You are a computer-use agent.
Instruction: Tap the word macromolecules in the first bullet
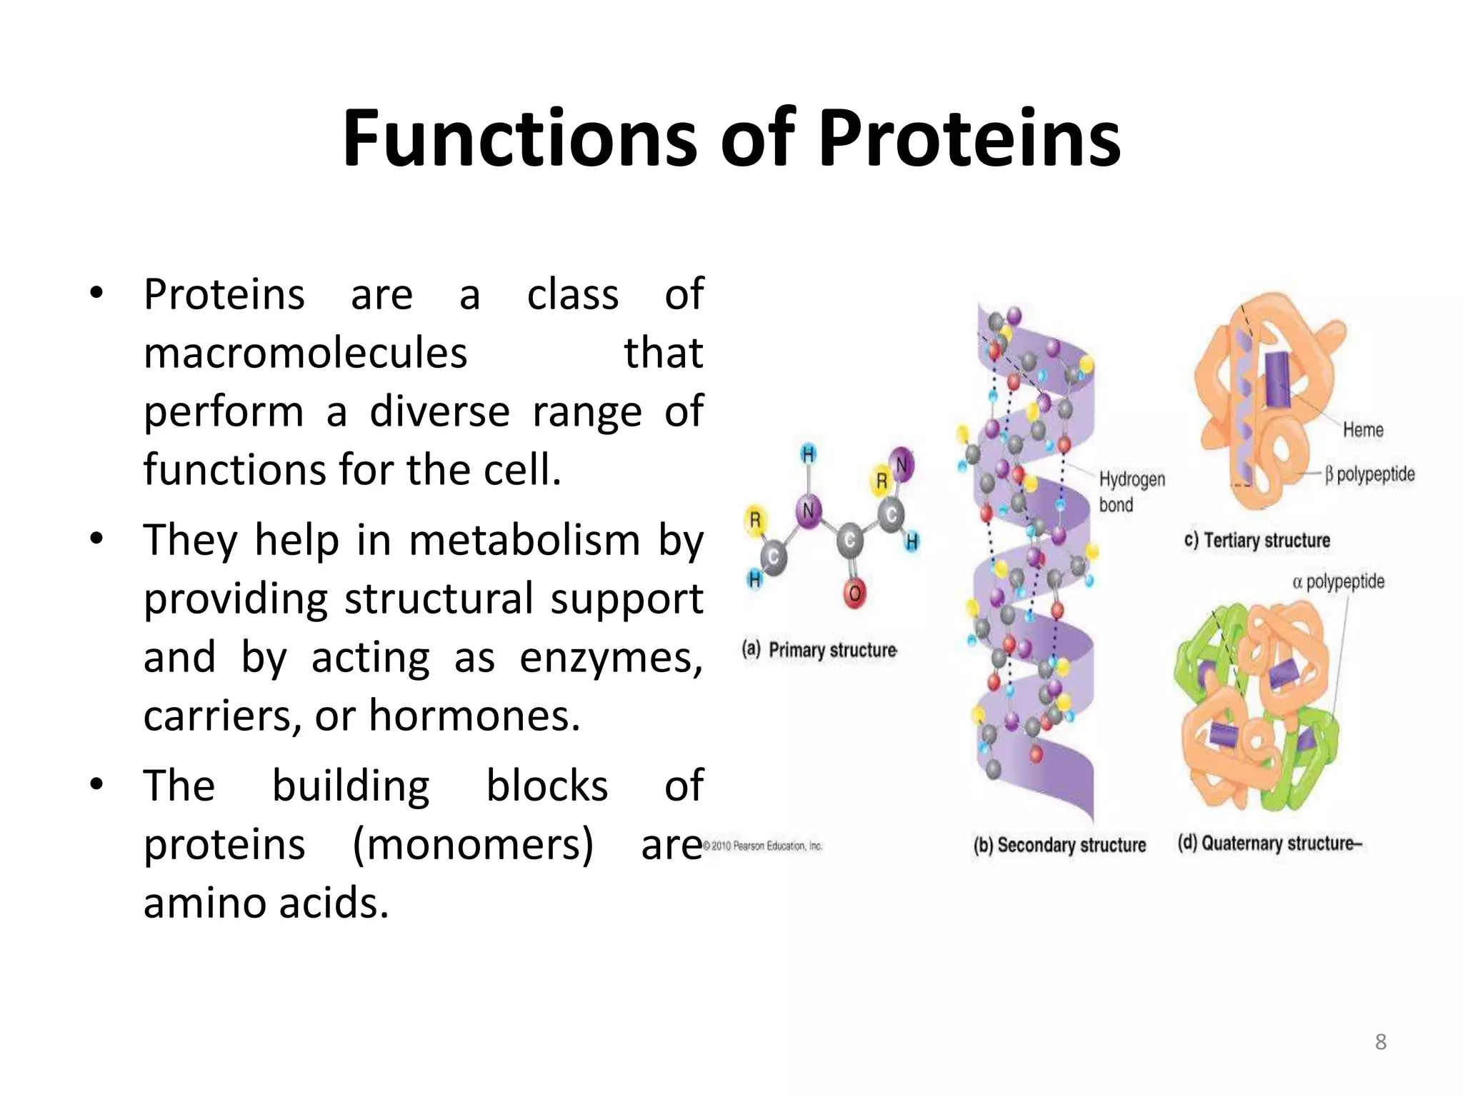(305, 353)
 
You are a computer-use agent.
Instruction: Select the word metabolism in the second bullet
(524, 540)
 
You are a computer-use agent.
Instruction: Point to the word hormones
(474, 716)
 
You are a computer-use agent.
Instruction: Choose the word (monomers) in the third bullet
(473, 845)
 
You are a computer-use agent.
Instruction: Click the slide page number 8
(1380, 1041)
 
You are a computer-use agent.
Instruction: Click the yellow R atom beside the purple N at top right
(882, 480)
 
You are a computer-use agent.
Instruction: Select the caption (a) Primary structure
(819, 650)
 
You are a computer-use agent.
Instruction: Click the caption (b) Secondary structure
(1059, 845)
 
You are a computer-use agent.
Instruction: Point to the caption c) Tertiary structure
(1257, 540)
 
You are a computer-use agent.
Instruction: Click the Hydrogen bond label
(1131, 491)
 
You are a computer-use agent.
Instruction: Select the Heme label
(1362, 430)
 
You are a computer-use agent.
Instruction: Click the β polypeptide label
(1369, 474)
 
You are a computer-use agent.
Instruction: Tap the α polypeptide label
(1338, 582)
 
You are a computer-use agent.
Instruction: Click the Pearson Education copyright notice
(763, 846)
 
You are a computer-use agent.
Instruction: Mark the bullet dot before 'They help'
(96, 539)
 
